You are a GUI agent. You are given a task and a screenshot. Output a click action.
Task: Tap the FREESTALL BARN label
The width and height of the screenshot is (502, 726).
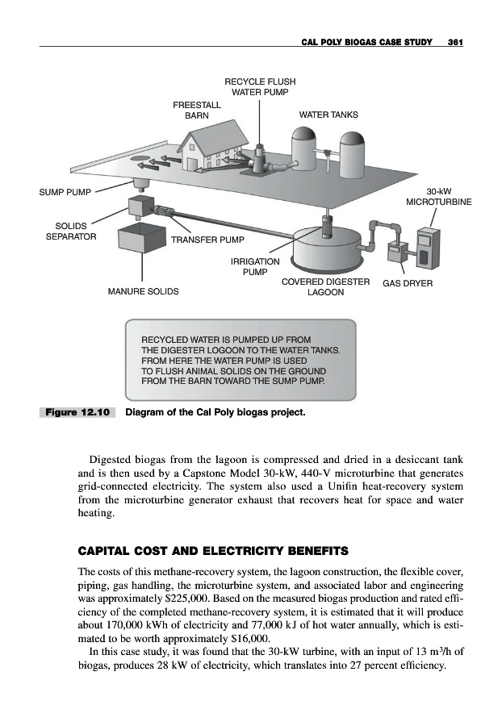point(190,109)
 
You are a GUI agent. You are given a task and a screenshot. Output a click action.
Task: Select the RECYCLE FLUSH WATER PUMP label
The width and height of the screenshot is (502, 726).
point(259,86)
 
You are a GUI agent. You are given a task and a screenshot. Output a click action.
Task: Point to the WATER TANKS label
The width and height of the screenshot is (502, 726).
point(328,115)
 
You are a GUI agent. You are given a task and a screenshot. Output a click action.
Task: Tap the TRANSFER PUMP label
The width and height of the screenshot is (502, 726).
point(207,240)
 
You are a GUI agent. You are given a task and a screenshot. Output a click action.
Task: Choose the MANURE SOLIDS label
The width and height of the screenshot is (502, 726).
point(144,290)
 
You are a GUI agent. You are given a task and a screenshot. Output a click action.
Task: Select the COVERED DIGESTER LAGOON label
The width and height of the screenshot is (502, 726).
point(325,287)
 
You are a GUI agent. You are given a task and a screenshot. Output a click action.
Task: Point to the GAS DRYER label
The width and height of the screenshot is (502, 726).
point(408,283)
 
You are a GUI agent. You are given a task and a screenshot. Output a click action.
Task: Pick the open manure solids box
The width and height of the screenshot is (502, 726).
point(140,238)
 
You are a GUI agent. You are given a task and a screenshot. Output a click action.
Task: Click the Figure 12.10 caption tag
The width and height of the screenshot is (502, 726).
point(77,413)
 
